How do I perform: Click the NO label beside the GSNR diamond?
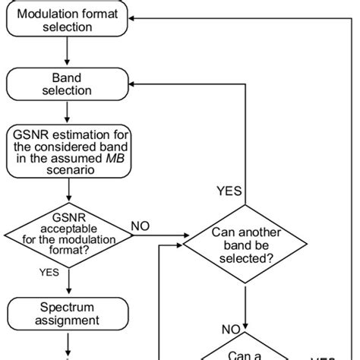click(140, 226)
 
